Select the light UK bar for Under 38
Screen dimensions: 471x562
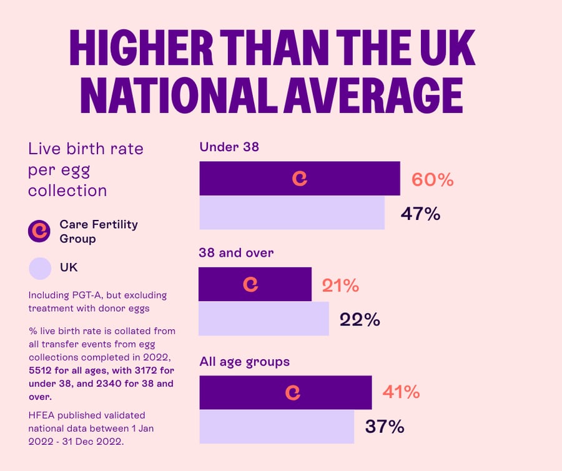292,213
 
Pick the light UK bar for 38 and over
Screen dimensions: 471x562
264,319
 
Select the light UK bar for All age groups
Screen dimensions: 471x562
277,427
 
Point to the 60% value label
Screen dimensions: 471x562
432,180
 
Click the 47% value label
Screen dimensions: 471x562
420,214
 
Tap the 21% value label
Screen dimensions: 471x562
340,285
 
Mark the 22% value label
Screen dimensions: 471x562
360,319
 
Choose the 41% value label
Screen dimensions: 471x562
401,392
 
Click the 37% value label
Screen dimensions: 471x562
384,427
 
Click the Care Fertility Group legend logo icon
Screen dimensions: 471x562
39,231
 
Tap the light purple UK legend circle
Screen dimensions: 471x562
39,268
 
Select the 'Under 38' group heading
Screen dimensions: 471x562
229,147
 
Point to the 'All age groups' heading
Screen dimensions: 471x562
244,362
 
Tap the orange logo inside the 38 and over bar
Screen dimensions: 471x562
250,284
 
